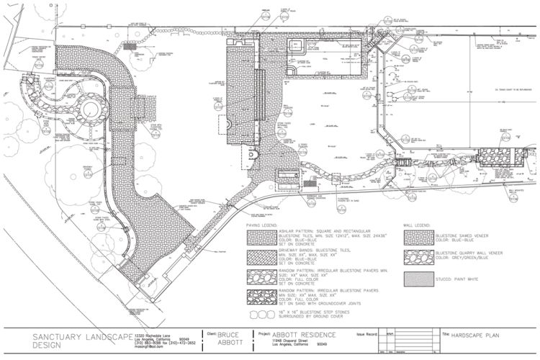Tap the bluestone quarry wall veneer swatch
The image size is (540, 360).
[x=420, y=257]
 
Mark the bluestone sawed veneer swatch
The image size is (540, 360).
[x=420, y=237]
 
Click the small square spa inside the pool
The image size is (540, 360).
[x=294, y=48]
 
